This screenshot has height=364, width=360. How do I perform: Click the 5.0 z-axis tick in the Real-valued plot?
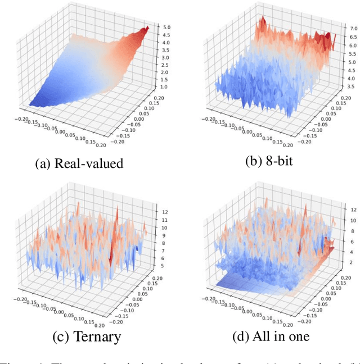coord(166,27)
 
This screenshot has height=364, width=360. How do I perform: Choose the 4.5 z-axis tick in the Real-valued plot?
coord(166,34)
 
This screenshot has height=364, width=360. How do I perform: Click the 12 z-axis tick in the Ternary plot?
coord(164,212)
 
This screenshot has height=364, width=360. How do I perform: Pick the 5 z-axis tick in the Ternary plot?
coord(163,265)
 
